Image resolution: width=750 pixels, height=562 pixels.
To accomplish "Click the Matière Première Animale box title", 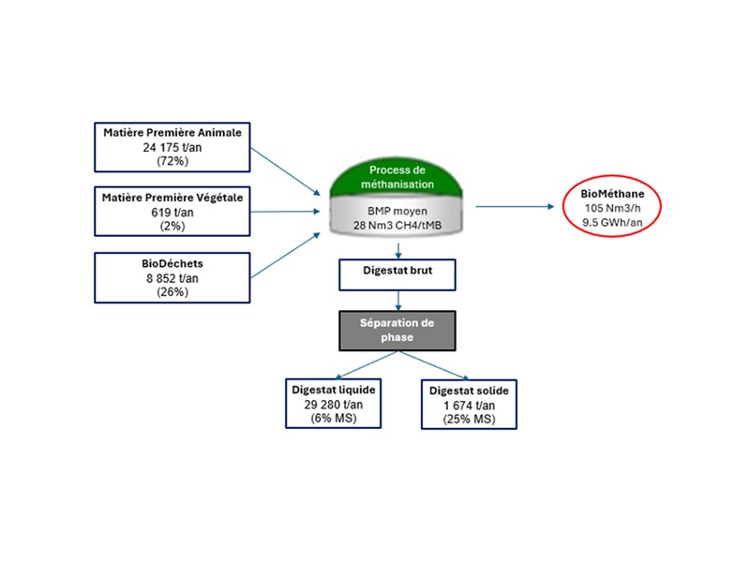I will [172, 133].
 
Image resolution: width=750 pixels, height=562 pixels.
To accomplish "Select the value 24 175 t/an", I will [172, 147].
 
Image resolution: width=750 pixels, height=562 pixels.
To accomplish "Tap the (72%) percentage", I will [172, 161].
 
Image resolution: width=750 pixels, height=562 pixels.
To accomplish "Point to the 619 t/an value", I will [172, 212].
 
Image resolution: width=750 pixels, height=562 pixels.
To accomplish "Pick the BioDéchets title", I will [172, 264].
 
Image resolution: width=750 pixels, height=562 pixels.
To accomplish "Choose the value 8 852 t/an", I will [172, 278].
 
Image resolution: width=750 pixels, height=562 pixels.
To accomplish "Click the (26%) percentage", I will [172, 292].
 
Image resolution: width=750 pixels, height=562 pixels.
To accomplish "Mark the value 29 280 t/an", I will [335, 405].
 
